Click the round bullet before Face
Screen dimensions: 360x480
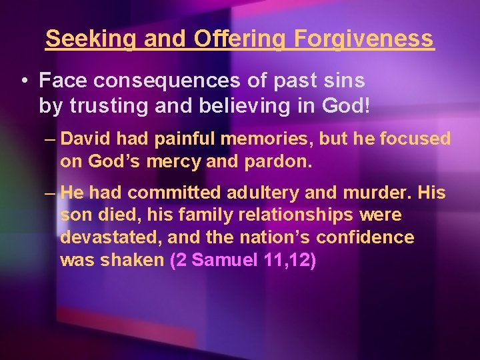point(24,81)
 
